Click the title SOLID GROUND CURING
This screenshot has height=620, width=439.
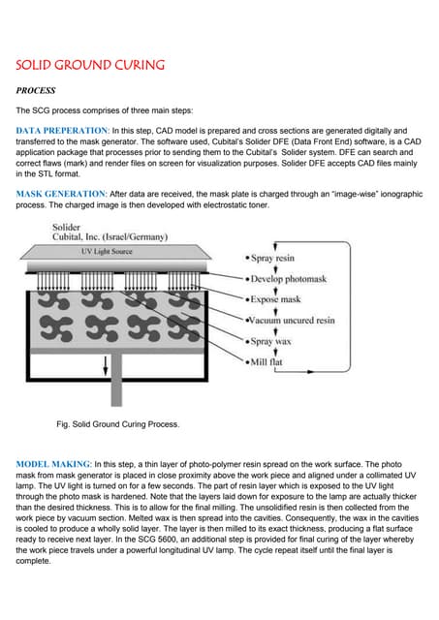(x=90, y=66)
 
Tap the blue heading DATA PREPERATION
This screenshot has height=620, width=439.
(x=63, y=129)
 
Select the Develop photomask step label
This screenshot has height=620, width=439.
(x=292, y=281)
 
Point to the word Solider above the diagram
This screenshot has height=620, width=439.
(x=69, y=227)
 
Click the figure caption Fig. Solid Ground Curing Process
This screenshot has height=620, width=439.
(x=118, y=423)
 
